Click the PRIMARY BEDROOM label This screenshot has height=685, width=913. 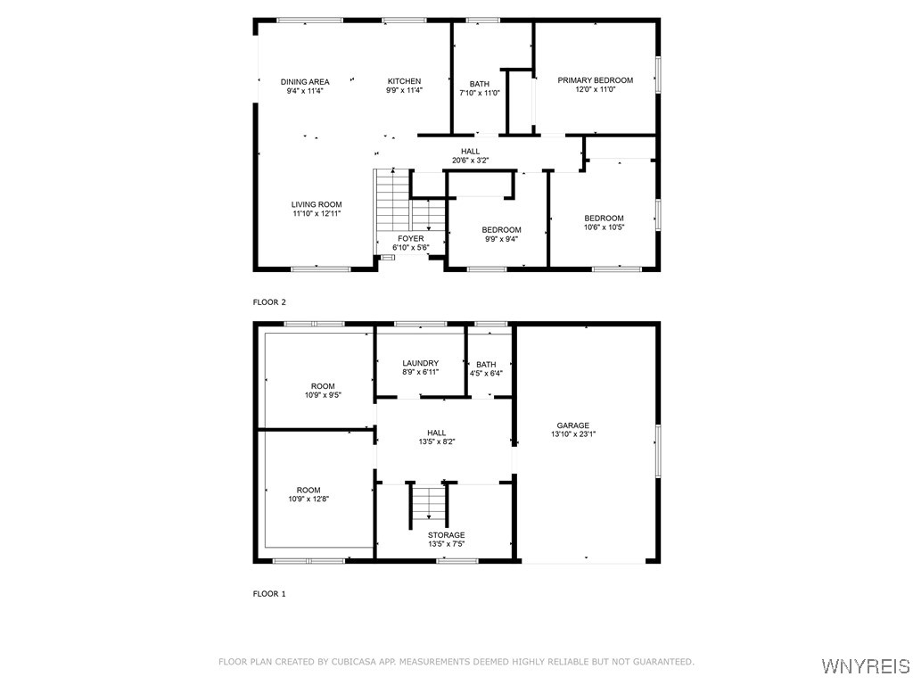[x=595, y=80]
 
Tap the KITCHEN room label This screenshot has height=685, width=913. [x=404, y=81]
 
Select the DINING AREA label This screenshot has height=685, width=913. [x=305, y=81]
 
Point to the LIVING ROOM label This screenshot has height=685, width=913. [x=317, y=204]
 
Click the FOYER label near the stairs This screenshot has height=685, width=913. [x=411, y=238]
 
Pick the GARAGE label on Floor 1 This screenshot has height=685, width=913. [x=573, y=425]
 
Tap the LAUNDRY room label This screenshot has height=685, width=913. [x=420, y=363]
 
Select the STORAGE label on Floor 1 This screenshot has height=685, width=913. [x=446, y=535]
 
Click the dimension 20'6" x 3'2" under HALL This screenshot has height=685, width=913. [x=471, y=161]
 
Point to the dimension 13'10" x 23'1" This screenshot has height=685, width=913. [x=573, y=434]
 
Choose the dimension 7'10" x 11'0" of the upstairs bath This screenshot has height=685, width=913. [x=480, y=93]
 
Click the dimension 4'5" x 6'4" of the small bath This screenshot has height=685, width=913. [x=486, y=373]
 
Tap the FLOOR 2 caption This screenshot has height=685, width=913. [x=269, y=302]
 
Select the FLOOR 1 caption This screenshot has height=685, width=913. [x=269, y=593]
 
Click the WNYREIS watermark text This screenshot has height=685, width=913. [x=865, y=666]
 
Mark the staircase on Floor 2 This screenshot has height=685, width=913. [x=392, y=201]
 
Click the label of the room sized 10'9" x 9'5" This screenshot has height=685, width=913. [x=323, y=386]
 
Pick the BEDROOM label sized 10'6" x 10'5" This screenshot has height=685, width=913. [x=604, y=219]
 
